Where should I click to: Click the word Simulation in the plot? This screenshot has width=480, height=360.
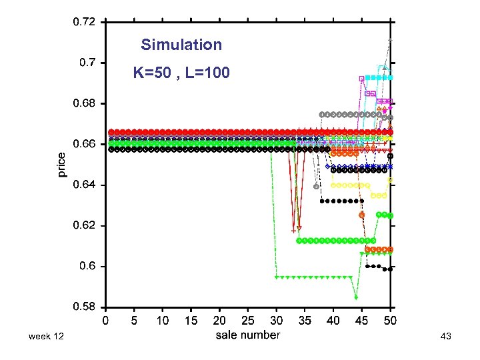coord(181,45)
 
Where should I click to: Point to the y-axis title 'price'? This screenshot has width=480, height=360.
coord(61,164)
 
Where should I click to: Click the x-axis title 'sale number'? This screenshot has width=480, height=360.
coord(247,335)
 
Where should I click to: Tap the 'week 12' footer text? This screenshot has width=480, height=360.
coord(46,338)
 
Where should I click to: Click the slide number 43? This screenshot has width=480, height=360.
coord(446,338)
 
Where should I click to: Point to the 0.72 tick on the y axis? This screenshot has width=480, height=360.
coord(83,22)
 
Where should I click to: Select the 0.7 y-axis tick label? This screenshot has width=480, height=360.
coord(87,63)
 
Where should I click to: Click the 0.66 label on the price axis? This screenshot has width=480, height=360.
coord(83,144)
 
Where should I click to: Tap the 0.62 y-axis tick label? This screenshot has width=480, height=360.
coord(83,225)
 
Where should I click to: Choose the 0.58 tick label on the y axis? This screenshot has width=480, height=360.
coord(83,307)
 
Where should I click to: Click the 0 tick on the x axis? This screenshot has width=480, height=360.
coord(106,320)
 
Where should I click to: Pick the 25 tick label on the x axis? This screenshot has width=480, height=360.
coord(247,320)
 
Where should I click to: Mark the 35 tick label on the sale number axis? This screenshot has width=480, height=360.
coord(304,320)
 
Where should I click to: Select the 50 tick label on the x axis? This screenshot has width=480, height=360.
coord(389,320)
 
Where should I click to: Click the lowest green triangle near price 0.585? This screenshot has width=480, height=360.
coord(356,297)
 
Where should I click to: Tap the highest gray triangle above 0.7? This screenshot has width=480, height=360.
coord(391,41)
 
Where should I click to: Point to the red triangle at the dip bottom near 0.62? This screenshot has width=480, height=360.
coord(299,228)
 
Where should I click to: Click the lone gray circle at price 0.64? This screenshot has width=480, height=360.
coord(316,186)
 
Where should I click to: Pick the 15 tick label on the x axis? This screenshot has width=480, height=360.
coord(191,320)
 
